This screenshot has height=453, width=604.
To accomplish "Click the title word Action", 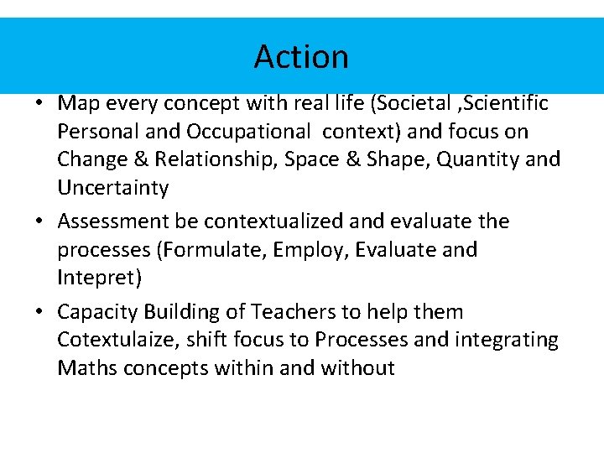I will click(301, 56).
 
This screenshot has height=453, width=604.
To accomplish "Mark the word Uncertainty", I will click(112, 188).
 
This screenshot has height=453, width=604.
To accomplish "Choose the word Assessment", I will click(115, 221).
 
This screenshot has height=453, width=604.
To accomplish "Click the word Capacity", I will click(97, 312).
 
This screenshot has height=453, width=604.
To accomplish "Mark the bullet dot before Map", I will click(40, 104).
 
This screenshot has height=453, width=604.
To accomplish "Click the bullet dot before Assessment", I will click(40, 222).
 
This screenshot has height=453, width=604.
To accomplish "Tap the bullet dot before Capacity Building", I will click(40, 313).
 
